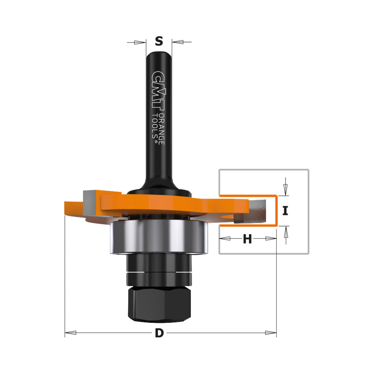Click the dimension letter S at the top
(x=159, y=41)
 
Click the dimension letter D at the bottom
(x=159, y=333)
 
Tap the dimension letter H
(x=247, y=239)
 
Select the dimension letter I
(x=285, y=211)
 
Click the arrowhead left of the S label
(x=139, y=42)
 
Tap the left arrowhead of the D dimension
(x=70, y=333)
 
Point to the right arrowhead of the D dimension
(x=271, y=333)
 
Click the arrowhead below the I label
(x=286, y=233)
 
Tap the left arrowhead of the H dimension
(x=225, y=239)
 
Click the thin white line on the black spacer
(x=159, y=272)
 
